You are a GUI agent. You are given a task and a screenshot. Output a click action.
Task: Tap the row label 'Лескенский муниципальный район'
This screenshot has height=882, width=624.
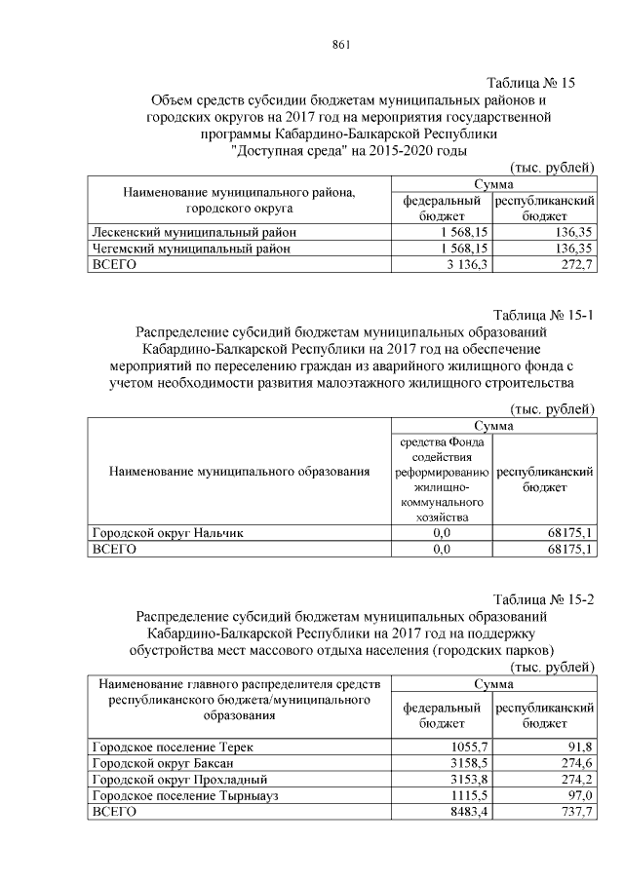pyautogui.click(x=192, y=233)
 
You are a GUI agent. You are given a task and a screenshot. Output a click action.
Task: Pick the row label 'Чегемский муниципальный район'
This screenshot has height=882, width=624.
pyautogui.click(x=190, y=249)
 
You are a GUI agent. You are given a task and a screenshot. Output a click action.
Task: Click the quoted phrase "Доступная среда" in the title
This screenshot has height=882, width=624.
pyautogui.click(x=286, y=151)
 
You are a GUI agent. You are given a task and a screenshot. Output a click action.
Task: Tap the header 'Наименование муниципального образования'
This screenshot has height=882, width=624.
pyautogui.click(x=240, y=472)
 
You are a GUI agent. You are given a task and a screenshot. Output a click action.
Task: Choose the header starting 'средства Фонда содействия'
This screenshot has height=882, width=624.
pyautogui.click(x=441, y=479)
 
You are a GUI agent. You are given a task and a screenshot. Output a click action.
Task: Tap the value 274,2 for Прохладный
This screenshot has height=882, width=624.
pyautogui.click(x=575, y=780)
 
